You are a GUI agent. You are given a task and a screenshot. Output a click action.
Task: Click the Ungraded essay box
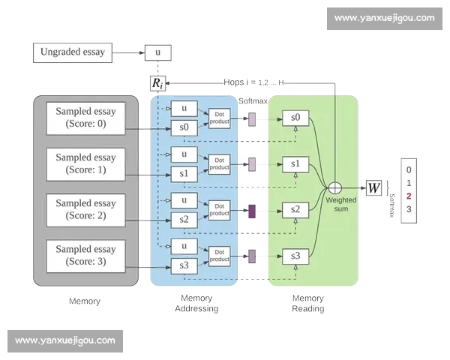coord(72,52)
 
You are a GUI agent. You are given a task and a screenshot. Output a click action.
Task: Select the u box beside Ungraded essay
coord(158,52)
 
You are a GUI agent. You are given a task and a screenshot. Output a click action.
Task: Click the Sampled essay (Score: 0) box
coord(85,118)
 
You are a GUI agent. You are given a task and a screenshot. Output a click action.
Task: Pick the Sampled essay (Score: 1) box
coord(85,163)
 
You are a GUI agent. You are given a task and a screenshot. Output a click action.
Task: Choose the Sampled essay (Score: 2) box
coord(85,209)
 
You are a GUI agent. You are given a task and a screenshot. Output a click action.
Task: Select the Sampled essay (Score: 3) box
coord(85,256)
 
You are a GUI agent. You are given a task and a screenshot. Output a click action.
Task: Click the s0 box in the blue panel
coord(184,126)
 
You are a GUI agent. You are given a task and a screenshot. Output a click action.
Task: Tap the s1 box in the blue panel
coord(184,172)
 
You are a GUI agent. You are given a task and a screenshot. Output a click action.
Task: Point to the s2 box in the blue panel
coord(184,218)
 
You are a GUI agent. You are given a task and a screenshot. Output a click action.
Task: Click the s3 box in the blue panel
coord(184,264)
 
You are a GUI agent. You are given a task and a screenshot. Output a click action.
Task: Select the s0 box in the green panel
coord(295,118)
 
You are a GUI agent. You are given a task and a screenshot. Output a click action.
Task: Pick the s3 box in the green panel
coord(295,256)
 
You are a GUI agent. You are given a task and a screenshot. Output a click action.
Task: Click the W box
coord(373,187)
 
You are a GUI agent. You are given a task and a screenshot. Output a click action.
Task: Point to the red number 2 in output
coord(409,196)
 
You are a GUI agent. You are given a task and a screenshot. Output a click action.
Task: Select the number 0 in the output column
coord(409,169)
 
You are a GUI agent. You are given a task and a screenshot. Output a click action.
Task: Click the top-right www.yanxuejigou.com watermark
coord(384,18)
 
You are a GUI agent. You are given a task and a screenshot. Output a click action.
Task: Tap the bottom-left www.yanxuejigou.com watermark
coord(65,340)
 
